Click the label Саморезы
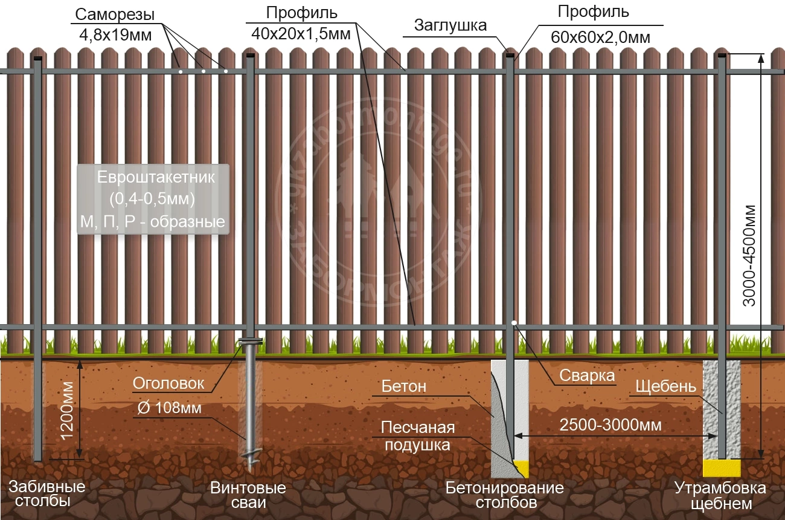(114, 15)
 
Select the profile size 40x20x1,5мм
(301, 34)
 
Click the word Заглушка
(450, 25)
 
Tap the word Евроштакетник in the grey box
(155, 178)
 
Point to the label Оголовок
(168, 383)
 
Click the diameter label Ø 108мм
(169, 408)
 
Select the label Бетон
(404, 386)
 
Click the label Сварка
(586, 375)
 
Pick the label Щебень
(665, 386)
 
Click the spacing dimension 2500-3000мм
(610, 425)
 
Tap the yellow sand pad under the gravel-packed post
(722, 467)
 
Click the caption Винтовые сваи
(248, 495)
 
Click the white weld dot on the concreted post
(513, 323)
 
